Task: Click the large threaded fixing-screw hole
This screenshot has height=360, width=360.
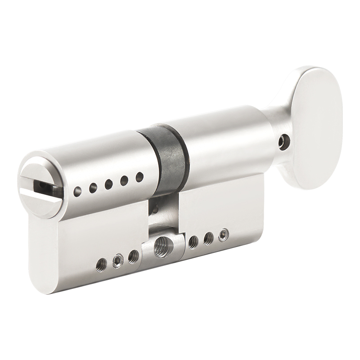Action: [161, 247]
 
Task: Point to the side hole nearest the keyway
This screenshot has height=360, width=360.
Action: [78, 192]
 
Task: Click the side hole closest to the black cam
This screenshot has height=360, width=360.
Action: [139, 177]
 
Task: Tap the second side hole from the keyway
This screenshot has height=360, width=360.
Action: [93, 188]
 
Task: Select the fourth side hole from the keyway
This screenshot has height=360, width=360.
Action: [124, 180]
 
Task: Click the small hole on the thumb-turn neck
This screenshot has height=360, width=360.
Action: [282, 143]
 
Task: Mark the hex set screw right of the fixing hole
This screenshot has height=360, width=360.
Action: [223, 235]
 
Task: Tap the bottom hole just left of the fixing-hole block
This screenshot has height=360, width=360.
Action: [133, 256]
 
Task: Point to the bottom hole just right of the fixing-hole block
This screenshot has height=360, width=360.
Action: [193, 242]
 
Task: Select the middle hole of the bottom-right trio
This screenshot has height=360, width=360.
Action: [208, 238]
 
